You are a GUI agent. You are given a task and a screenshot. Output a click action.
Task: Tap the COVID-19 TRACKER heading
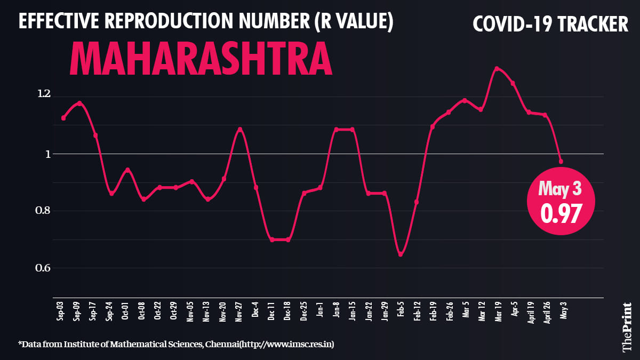point(550,24)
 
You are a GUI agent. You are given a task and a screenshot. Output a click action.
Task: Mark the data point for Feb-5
point(401,254)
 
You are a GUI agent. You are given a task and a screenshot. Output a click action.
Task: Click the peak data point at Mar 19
point(497,68)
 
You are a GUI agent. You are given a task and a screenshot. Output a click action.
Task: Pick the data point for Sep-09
point(79,103)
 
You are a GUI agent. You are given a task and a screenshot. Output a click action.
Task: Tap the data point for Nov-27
point(240,129)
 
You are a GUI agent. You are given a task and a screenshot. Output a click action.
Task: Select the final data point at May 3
point(561,161)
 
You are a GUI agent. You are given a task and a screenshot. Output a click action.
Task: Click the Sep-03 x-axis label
point(61,310)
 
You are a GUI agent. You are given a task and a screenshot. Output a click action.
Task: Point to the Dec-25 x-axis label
point(304,310)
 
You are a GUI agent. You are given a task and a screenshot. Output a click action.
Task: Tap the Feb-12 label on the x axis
point(417,310)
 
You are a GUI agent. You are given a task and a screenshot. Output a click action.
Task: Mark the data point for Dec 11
point(272,239)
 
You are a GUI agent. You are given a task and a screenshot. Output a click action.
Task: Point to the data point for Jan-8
point(336,129)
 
